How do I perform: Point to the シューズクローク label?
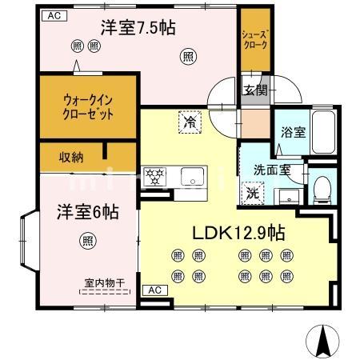click(255, 40)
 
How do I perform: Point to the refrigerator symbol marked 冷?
click(190, 122)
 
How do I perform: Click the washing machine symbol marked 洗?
click(252, 192)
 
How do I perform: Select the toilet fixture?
click(322, 187)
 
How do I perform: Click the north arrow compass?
click(324, 342)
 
